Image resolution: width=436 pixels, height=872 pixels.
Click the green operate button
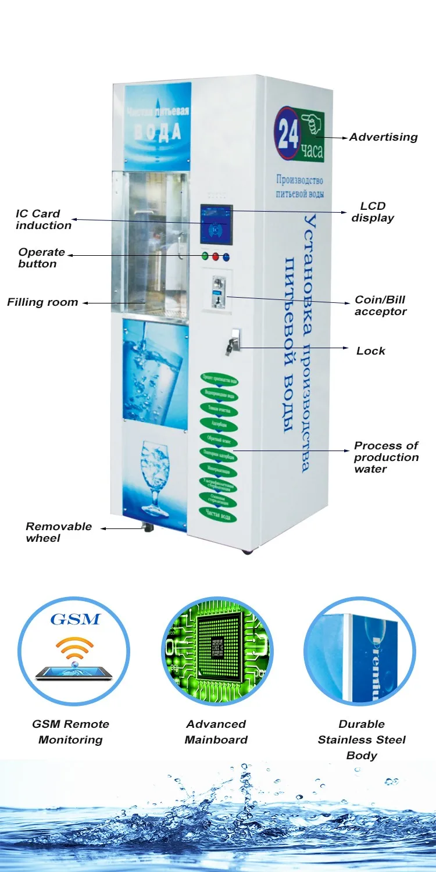click(x=205, y=256)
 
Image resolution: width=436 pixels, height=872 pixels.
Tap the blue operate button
click(x=226, y=257)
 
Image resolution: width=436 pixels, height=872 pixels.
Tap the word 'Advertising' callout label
click(x=383, y=137)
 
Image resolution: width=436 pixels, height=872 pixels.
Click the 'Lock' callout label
click(x=370, y=351)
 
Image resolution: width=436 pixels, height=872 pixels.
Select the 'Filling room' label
click(x=42, y=302)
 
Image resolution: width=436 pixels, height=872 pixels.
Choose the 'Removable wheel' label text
click(x=58, y=532)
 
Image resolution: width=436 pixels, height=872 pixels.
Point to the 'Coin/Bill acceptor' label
click(x=380, y=306)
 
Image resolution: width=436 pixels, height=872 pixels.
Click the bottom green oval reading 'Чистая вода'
click(x=218, y=512)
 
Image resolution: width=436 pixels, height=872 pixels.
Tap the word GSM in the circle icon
click(x=75, y=619)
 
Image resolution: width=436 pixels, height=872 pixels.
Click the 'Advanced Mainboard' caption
click(x=216, y=732)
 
